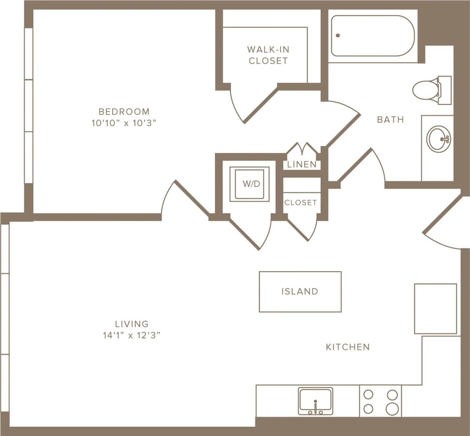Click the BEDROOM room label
pyautogui.click(x=124, y=111)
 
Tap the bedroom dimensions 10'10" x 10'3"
pyautogui.click(x=124, y=123)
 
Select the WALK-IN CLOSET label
pyautogui.click(x=268, y=55)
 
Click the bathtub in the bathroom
pyautogui.click(x=372, y=36)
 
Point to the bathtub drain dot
pyautogui.click(x=338, y=36)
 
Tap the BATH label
pyautogui.click(x=390, y=119)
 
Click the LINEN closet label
pyautogui.click(x=302, y=164)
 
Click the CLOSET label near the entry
pyautogui.click(x=300, y=202)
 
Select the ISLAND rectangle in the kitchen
pyautogui.click(x=300, y=292)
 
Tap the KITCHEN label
pyautogui.click(x=348, y=347)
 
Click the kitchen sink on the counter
pyautogui.click(x=315, y=400)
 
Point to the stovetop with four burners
pyautogui.click(x=380, y=401)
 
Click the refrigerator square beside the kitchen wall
pyautogui.click(x=435, y=309)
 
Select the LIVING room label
pyautogui.click(x=132, y=324)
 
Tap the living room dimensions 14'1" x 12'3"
pyautogui.click(x=132, y=335)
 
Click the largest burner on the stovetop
pyautogui.click(x=393, y=408)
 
